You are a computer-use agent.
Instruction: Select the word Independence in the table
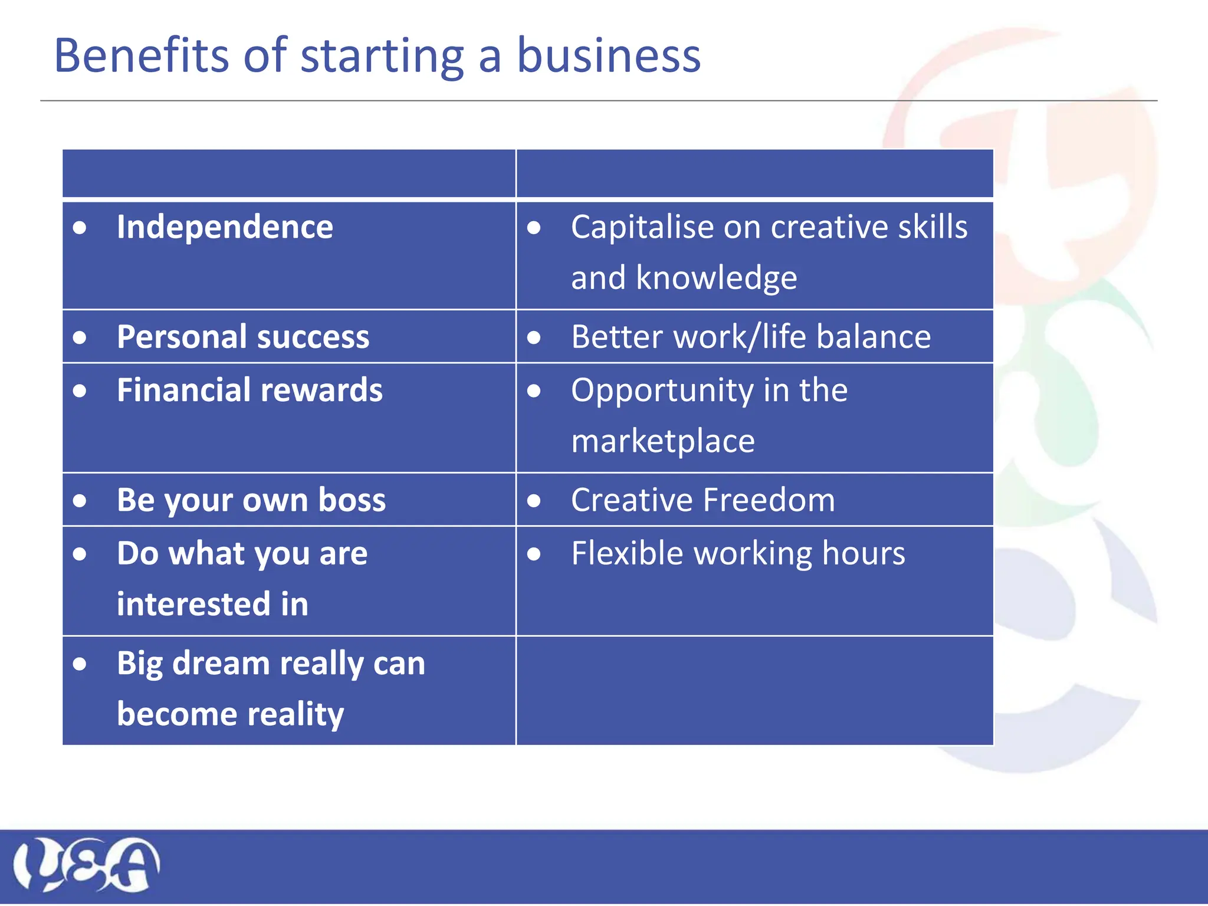(x=225, y=227)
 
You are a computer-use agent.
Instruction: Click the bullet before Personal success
(x=80, y=337)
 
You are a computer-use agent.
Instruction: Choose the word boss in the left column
(x=352, y=500)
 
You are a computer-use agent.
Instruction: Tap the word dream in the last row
(x=221, y=663)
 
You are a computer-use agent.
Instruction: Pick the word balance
(x=874, y=337)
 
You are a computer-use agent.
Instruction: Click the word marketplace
(x=663, y=441)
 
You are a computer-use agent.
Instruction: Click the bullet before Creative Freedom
(x=534, y=501)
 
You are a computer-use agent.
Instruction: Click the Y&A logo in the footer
(x=86, y=865)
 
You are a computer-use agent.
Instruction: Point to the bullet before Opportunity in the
(x=534, y=390)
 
